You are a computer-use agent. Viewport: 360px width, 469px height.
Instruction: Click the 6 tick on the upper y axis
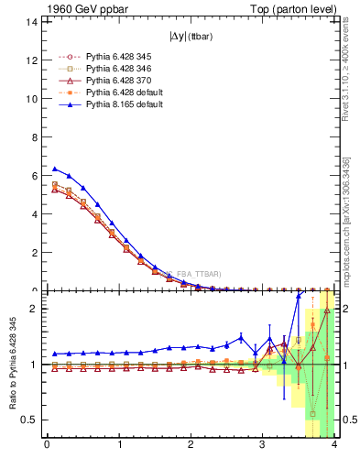pyautogui.click(x=33, y=176)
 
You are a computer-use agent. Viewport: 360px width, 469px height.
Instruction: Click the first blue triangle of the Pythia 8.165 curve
pyautogui.click(x=54, y=169)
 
